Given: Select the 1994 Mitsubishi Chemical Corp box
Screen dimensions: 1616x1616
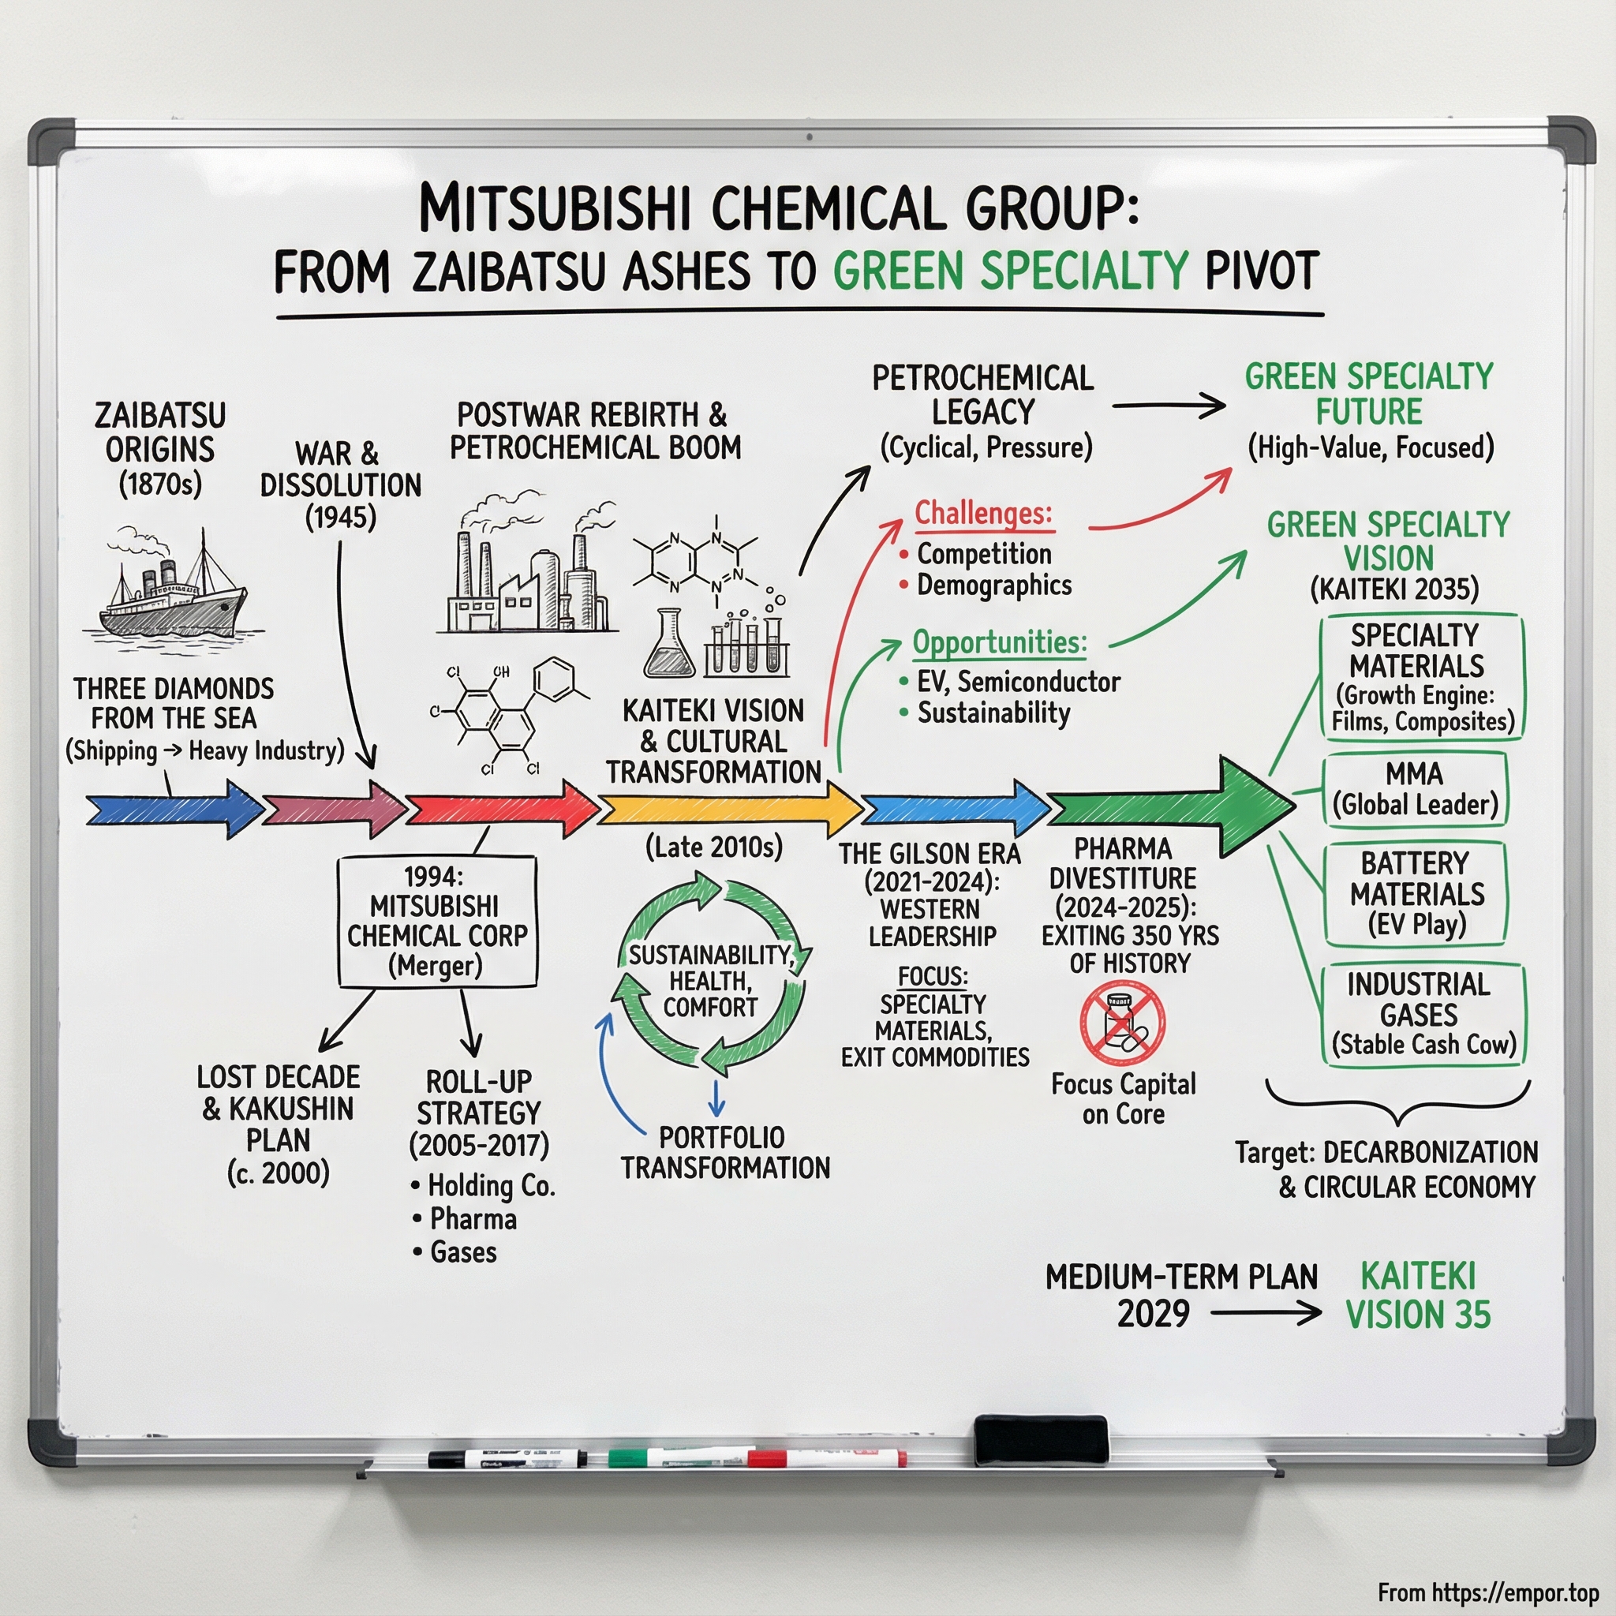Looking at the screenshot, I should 436,921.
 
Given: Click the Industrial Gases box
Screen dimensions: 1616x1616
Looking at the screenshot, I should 1423,1014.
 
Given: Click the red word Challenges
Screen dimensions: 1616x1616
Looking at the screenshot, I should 983,513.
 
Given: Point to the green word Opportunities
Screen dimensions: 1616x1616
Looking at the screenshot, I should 999,642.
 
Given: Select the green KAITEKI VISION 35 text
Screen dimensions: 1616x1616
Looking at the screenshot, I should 1417,1296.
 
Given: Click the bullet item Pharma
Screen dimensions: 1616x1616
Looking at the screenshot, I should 473,1218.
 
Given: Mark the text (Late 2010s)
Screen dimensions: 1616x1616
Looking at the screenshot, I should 713,847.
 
